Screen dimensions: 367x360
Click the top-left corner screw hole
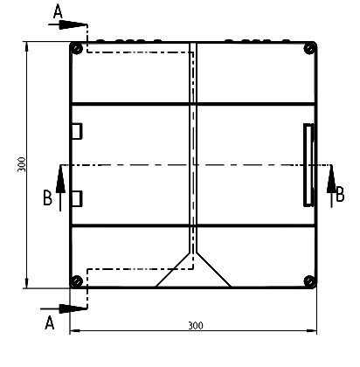[x=78, y=48]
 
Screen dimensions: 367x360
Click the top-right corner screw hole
[x=308, y=48]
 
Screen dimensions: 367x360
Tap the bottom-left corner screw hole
[x=78, y=280]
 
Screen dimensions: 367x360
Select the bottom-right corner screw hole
[x=308, y=280]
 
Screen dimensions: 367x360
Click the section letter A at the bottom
[x=50, y=323]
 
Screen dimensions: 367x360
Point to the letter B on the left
[x=47, y=199]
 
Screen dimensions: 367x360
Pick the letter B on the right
[x=340, y=195]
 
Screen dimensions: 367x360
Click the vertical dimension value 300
[x=19, y=164]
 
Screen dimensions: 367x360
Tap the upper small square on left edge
[x=76, y=130]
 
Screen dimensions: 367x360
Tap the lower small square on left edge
[x=76, y=198]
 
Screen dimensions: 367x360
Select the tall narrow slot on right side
[x=308, y=164]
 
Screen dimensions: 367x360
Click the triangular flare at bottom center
[x=193, y=272]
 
